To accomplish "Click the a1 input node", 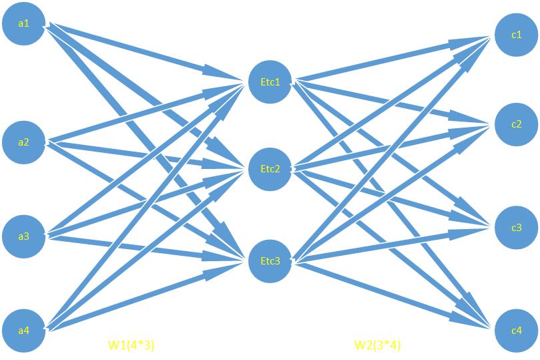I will click(23, 24).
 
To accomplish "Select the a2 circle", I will click(23, 142).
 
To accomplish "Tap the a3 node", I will click(23, 236).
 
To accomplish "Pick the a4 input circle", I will click(23, 330).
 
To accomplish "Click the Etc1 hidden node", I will click(270, 82).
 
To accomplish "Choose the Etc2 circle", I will click(270, 168).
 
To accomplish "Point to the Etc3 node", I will click(270, 260).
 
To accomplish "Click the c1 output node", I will click(516, 35).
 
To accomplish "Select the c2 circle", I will click(516, 124).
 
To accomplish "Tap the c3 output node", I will click(516, 228).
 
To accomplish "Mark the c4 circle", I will click(516, 330).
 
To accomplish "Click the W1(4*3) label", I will click(131, 345).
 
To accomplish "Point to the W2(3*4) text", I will click(377, 345).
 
